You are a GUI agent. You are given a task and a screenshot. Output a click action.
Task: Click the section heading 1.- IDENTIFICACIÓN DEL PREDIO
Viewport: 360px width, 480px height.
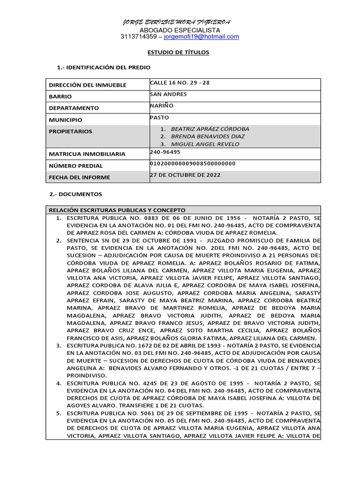tap(104, 67)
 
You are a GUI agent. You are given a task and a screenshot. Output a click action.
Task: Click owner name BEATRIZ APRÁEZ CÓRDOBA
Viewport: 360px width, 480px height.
tap(210, 129)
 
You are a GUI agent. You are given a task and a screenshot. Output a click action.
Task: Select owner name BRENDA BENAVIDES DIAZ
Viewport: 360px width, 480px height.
tap(208, 136)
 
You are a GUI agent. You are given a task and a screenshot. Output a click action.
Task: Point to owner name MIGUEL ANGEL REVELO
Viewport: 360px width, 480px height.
tap(205, 144)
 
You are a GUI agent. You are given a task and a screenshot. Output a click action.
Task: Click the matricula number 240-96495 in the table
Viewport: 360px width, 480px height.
tap(165, 152)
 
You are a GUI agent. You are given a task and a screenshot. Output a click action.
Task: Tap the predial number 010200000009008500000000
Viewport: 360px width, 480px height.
tap(192, 163)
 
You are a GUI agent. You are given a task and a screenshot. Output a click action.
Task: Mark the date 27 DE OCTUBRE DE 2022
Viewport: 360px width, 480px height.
tap(185, 175)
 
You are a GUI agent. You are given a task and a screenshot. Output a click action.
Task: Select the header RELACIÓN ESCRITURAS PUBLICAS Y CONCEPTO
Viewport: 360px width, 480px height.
tap(117, 210)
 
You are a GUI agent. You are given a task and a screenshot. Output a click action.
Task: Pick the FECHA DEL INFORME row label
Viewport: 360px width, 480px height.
tap(79, 177)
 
